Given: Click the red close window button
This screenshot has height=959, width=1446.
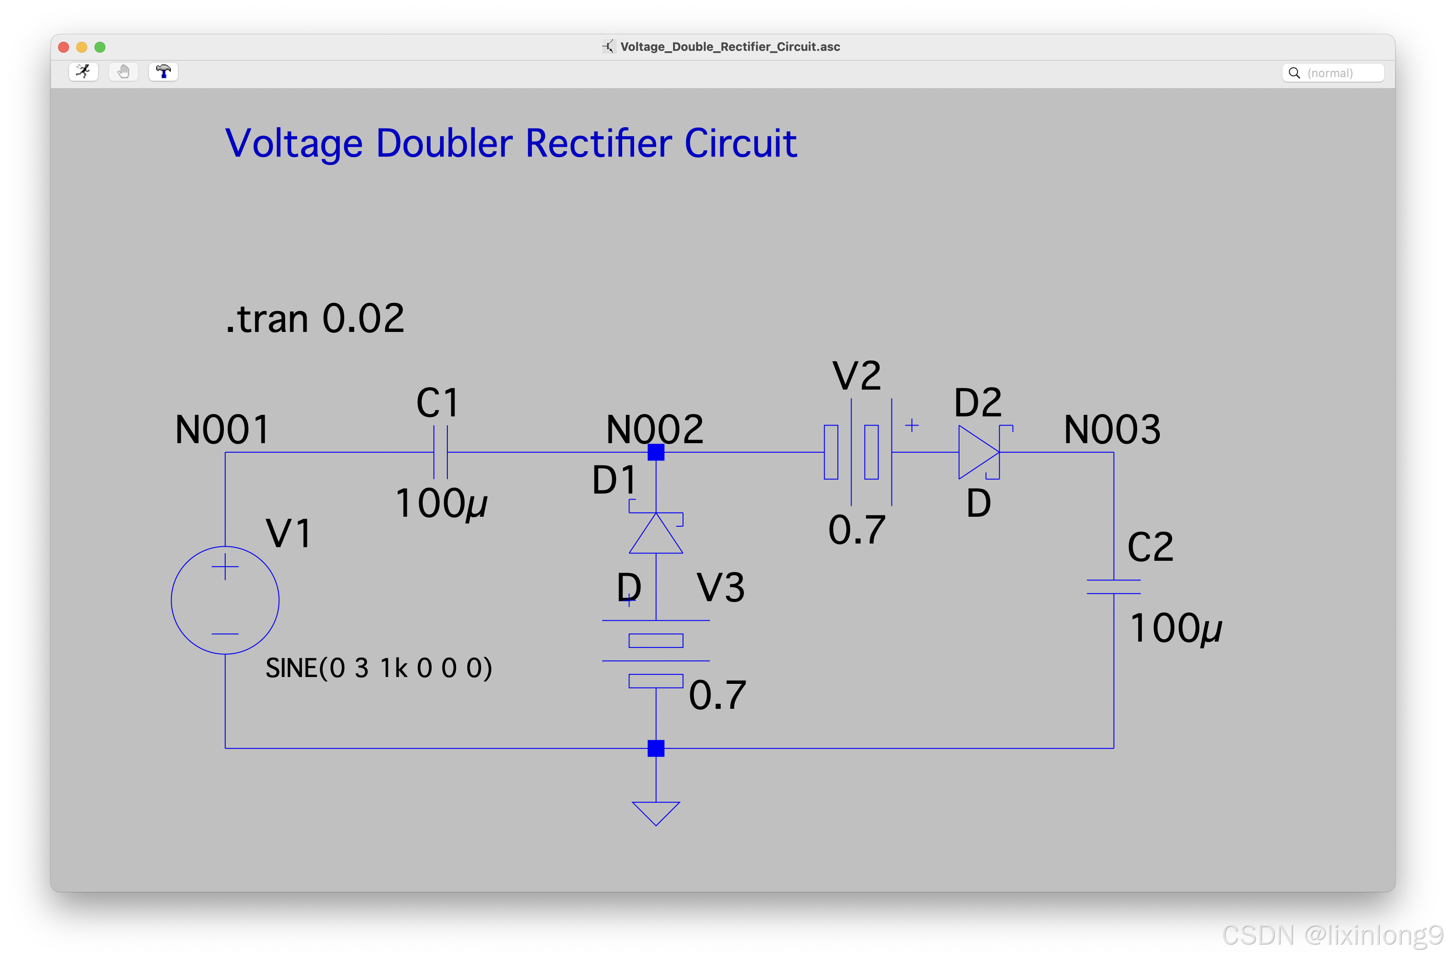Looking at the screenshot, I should click(64, 47).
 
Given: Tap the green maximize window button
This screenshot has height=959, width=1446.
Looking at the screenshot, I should click(100, 47).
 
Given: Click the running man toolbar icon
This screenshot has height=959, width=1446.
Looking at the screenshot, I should click(83, 72).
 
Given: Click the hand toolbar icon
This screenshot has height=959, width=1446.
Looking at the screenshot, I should click(124, 72).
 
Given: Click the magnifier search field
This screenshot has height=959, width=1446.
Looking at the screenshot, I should click(1333, 73).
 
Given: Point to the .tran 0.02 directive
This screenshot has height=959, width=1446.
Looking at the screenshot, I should click(315, 319).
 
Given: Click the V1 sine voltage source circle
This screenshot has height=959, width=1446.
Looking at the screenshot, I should click(225, 600).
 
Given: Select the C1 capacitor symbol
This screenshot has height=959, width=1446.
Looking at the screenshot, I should click(441, 453).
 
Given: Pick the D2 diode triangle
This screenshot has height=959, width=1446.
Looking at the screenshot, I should click(977, 453).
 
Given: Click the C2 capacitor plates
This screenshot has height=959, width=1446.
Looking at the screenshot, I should click(1113, 587).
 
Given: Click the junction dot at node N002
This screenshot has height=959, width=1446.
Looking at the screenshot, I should click(656, 453).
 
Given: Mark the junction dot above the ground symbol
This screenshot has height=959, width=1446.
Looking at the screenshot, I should click(656, 748).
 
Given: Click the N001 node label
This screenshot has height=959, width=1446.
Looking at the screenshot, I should click(222, 430).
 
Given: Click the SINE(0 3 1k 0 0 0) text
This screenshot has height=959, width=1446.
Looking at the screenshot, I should click(379, 668).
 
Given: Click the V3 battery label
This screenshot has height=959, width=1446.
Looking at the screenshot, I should click(721, 588).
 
